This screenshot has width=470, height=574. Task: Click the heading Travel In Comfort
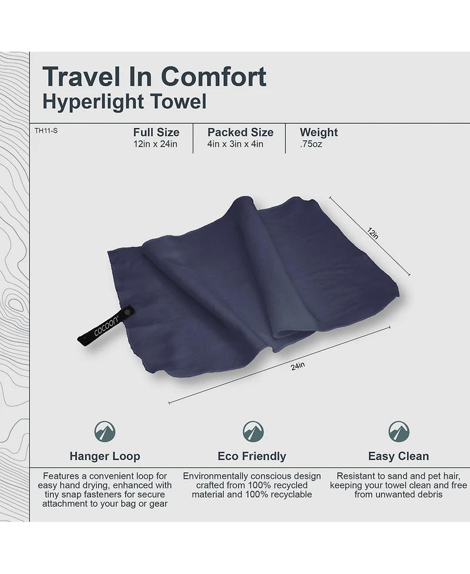[154, 77]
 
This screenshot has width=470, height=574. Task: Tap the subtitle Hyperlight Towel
[125, 102]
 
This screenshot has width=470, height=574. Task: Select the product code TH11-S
[46, 130]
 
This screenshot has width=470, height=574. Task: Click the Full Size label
[156, 132]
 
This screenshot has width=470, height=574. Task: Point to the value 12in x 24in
[155, 144]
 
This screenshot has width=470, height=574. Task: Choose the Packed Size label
[240, 132]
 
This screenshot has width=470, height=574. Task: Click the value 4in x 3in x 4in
[235, 144]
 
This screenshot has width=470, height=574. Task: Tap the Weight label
[318, 132]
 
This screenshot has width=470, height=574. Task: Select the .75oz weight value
[311, 144]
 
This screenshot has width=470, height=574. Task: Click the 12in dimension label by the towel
[372, 233]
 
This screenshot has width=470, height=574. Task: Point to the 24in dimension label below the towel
[297, 367]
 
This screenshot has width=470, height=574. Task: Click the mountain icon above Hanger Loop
[105, 432]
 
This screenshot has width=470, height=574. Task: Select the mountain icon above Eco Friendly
[253, 432]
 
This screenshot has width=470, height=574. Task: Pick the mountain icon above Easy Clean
[398, 432]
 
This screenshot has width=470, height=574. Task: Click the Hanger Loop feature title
[105, 456]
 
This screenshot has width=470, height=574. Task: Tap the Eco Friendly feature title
[251, 456]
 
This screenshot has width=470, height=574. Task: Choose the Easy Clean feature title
[398, 456]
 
